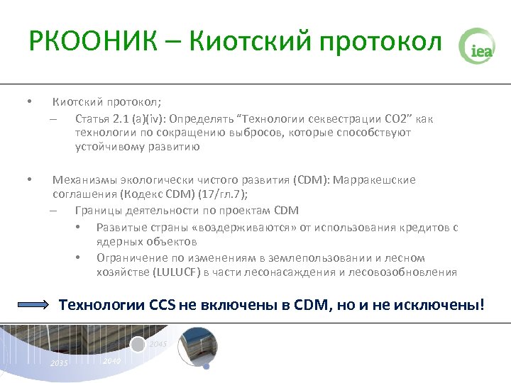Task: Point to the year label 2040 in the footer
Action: click(112, 361)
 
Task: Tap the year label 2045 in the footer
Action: click(158, 344)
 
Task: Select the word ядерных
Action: click(117, 242)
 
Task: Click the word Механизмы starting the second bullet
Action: click(82, 179)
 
